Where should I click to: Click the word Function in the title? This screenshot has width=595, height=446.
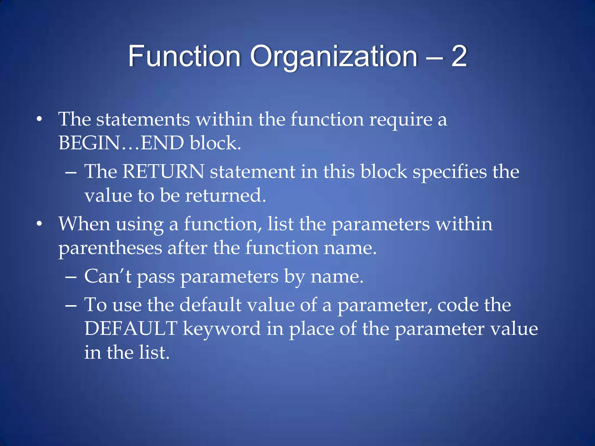click(x=184, y=56)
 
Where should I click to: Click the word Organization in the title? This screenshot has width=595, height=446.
click(x=334, y=56)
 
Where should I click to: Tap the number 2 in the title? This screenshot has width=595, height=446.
click(x=459, y=56)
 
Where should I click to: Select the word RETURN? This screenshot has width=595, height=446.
click(x=163, y=171)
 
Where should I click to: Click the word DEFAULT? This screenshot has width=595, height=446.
click(x=131, y=328)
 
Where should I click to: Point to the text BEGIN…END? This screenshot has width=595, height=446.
click(x=121, y=143)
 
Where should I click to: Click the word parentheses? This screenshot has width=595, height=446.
click(x=110, y=248)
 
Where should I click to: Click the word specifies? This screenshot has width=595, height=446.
click(x=449, y=172)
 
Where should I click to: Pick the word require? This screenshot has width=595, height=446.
click(x=401, y=120)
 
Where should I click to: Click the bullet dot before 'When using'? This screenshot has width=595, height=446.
click(x=39, y=224)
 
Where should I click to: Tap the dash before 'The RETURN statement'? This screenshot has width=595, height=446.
click(x=71, y=172)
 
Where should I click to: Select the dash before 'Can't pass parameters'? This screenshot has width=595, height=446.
click(x=71, y=277)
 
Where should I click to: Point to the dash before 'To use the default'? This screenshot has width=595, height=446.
click(x=71, y=306)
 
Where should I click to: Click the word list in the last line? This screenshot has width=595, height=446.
click(x=154, y=352)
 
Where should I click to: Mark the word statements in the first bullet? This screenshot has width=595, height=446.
click(x=143, y=119)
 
